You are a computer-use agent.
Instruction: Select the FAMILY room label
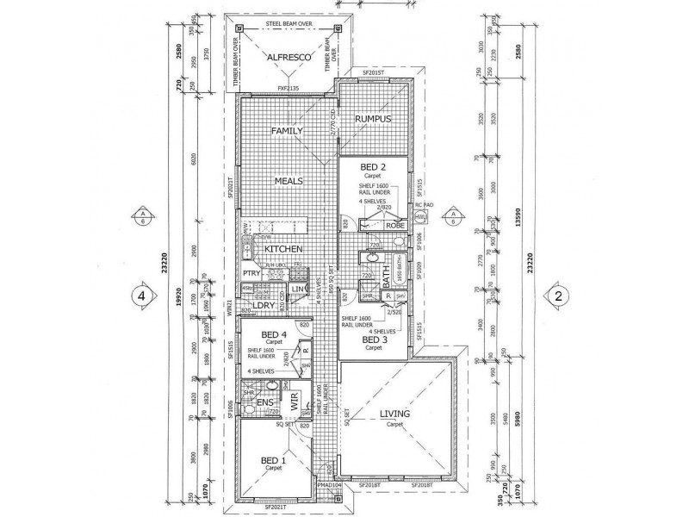pos(288,131)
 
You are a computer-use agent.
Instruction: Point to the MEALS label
pos(288,181)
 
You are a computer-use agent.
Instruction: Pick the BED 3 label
pos(373,341)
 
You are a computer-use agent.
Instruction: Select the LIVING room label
pos(394,415)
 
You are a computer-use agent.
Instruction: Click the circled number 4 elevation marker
pos(137,296)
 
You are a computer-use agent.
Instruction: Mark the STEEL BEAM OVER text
pos(289,23)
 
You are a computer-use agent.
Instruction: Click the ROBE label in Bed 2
pos(394,225)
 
